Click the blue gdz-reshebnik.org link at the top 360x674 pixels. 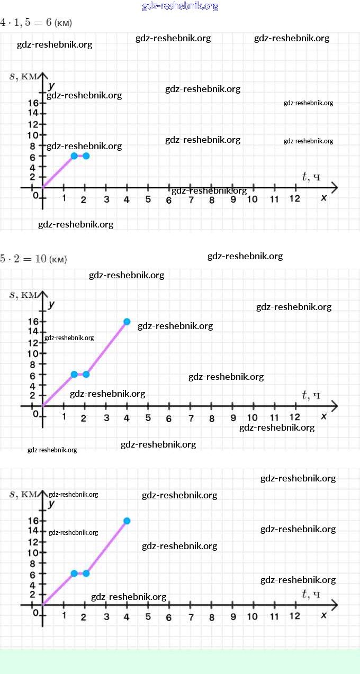coord(180,6)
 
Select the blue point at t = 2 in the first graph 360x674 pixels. coord(86,156)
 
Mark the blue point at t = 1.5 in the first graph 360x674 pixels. coord(74,156)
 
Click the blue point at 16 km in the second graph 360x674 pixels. coord(127,322)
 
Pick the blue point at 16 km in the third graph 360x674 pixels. coord(127,521)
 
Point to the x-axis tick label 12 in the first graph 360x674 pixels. coord(294,198)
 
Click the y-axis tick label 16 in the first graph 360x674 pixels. coord(33,103)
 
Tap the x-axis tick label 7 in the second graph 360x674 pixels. coord(191,418)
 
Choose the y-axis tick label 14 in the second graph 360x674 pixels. coord(33,332)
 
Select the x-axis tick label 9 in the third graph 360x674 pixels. coord(233,616)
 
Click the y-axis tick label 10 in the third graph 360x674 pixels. coord(33,552)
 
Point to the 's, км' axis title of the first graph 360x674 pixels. coord(24,76)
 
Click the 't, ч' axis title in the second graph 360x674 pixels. coord(311,395)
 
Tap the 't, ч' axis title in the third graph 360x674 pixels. coord(311,594)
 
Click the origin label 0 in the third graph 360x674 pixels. coord(36,613)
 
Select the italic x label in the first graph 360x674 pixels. coord(323,197)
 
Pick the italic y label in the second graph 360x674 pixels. coord(51,304)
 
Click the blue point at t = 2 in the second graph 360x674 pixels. coord(86,375)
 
